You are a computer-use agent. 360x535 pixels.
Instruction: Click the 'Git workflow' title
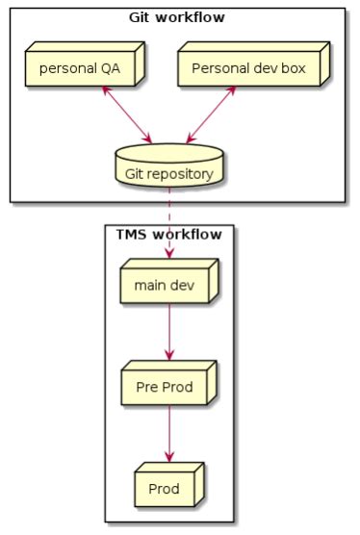pos(177,16)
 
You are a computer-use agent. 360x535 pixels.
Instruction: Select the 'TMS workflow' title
pos(168,234)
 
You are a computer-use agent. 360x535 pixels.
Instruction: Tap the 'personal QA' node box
pos(80,69)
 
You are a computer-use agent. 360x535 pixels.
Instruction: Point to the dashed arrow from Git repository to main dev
pos(169,221)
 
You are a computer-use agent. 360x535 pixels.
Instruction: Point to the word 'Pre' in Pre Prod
pos(145,388)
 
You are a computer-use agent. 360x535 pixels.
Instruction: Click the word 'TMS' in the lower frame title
pos(135,234)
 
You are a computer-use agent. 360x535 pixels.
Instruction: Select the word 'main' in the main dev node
pos(150,285)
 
